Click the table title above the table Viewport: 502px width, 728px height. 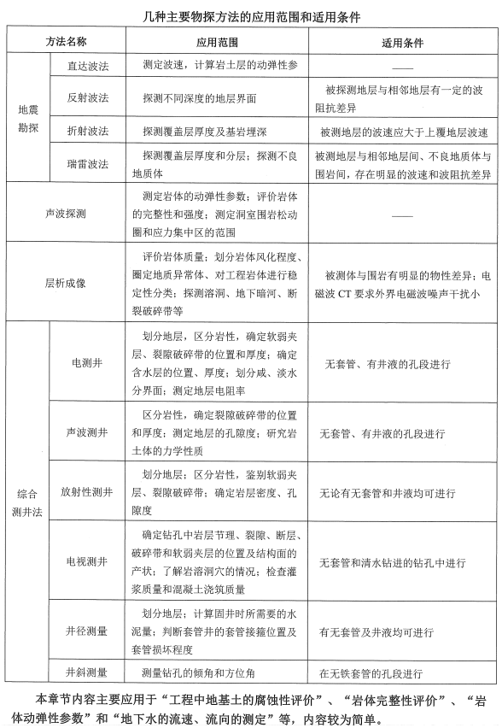tap(252, 15)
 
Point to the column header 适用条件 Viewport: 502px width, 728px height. tap(400, 41)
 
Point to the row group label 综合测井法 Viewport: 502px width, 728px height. tap(27, 502)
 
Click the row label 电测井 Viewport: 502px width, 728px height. tap(87, 363)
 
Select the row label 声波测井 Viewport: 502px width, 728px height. tap(87, 433)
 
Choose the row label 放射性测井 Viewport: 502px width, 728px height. tap(87, 493)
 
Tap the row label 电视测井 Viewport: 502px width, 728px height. tap(87, 562)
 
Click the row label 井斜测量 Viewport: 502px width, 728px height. tap(87, 672)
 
